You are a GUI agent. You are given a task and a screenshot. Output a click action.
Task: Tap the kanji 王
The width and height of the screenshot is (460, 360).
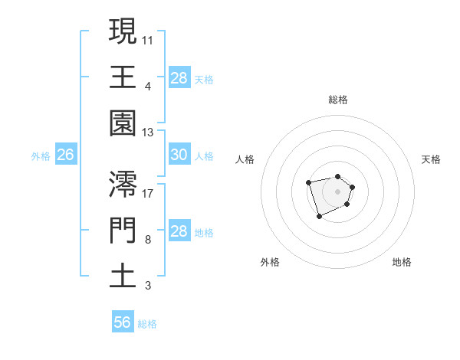click(x=123, y=77)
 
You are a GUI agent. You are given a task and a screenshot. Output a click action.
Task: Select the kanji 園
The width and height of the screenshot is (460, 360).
click(x=123, y=123)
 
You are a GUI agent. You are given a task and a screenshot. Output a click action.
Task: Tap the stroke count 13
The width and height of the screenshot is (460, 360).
click(x=148, y=133)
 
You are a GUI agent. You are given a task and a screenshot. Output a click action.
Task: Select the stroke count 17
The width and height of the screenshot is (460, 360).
click(x=148, y=192)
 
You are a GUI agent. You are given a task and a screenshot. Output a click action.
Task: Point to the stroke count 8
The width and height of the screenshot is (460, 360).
click(x=147, y=239)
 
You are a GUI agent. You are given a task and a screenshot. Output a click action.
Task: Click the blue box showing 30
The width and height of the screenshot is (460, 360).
click(x=179, y=155)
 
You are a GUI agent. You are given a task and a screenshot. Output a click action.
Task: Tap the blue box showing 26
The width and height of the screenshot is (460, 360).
click(x=65, y=155)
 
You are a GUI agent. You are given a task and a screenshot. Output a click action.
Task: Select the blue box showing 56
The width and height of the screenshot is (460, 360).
click(x=123, y=322)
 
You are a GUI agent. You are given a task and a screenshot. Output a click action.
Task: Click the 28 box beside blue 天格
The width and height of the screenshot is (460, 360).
click(x=179, y=77)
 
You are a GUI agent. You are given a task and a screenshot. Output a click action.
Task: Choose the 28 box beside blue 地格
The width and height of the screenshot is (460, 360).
click(x=179, y=231)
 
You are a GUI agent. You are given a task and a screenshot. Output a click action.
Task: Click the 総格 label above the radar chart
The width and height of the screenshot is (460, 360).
click(x=337, y=100)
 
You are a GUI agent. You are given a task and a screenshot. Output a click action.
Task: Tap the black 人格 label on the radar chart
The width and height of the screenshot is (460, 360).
click(x=245, y=159)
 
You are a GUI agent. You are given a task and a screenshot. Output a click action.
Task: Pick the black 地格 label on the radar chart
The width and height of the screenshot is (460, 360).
click(x=402, y=262)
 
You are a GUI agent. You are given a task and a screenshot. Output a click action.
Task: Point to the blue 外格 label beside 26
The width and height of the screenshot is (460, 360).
click(x=41, y=155)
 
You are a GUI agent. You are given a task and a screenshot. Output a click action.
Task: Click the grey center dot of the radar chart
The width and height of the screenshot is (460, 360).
click(x=337, y=191)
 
